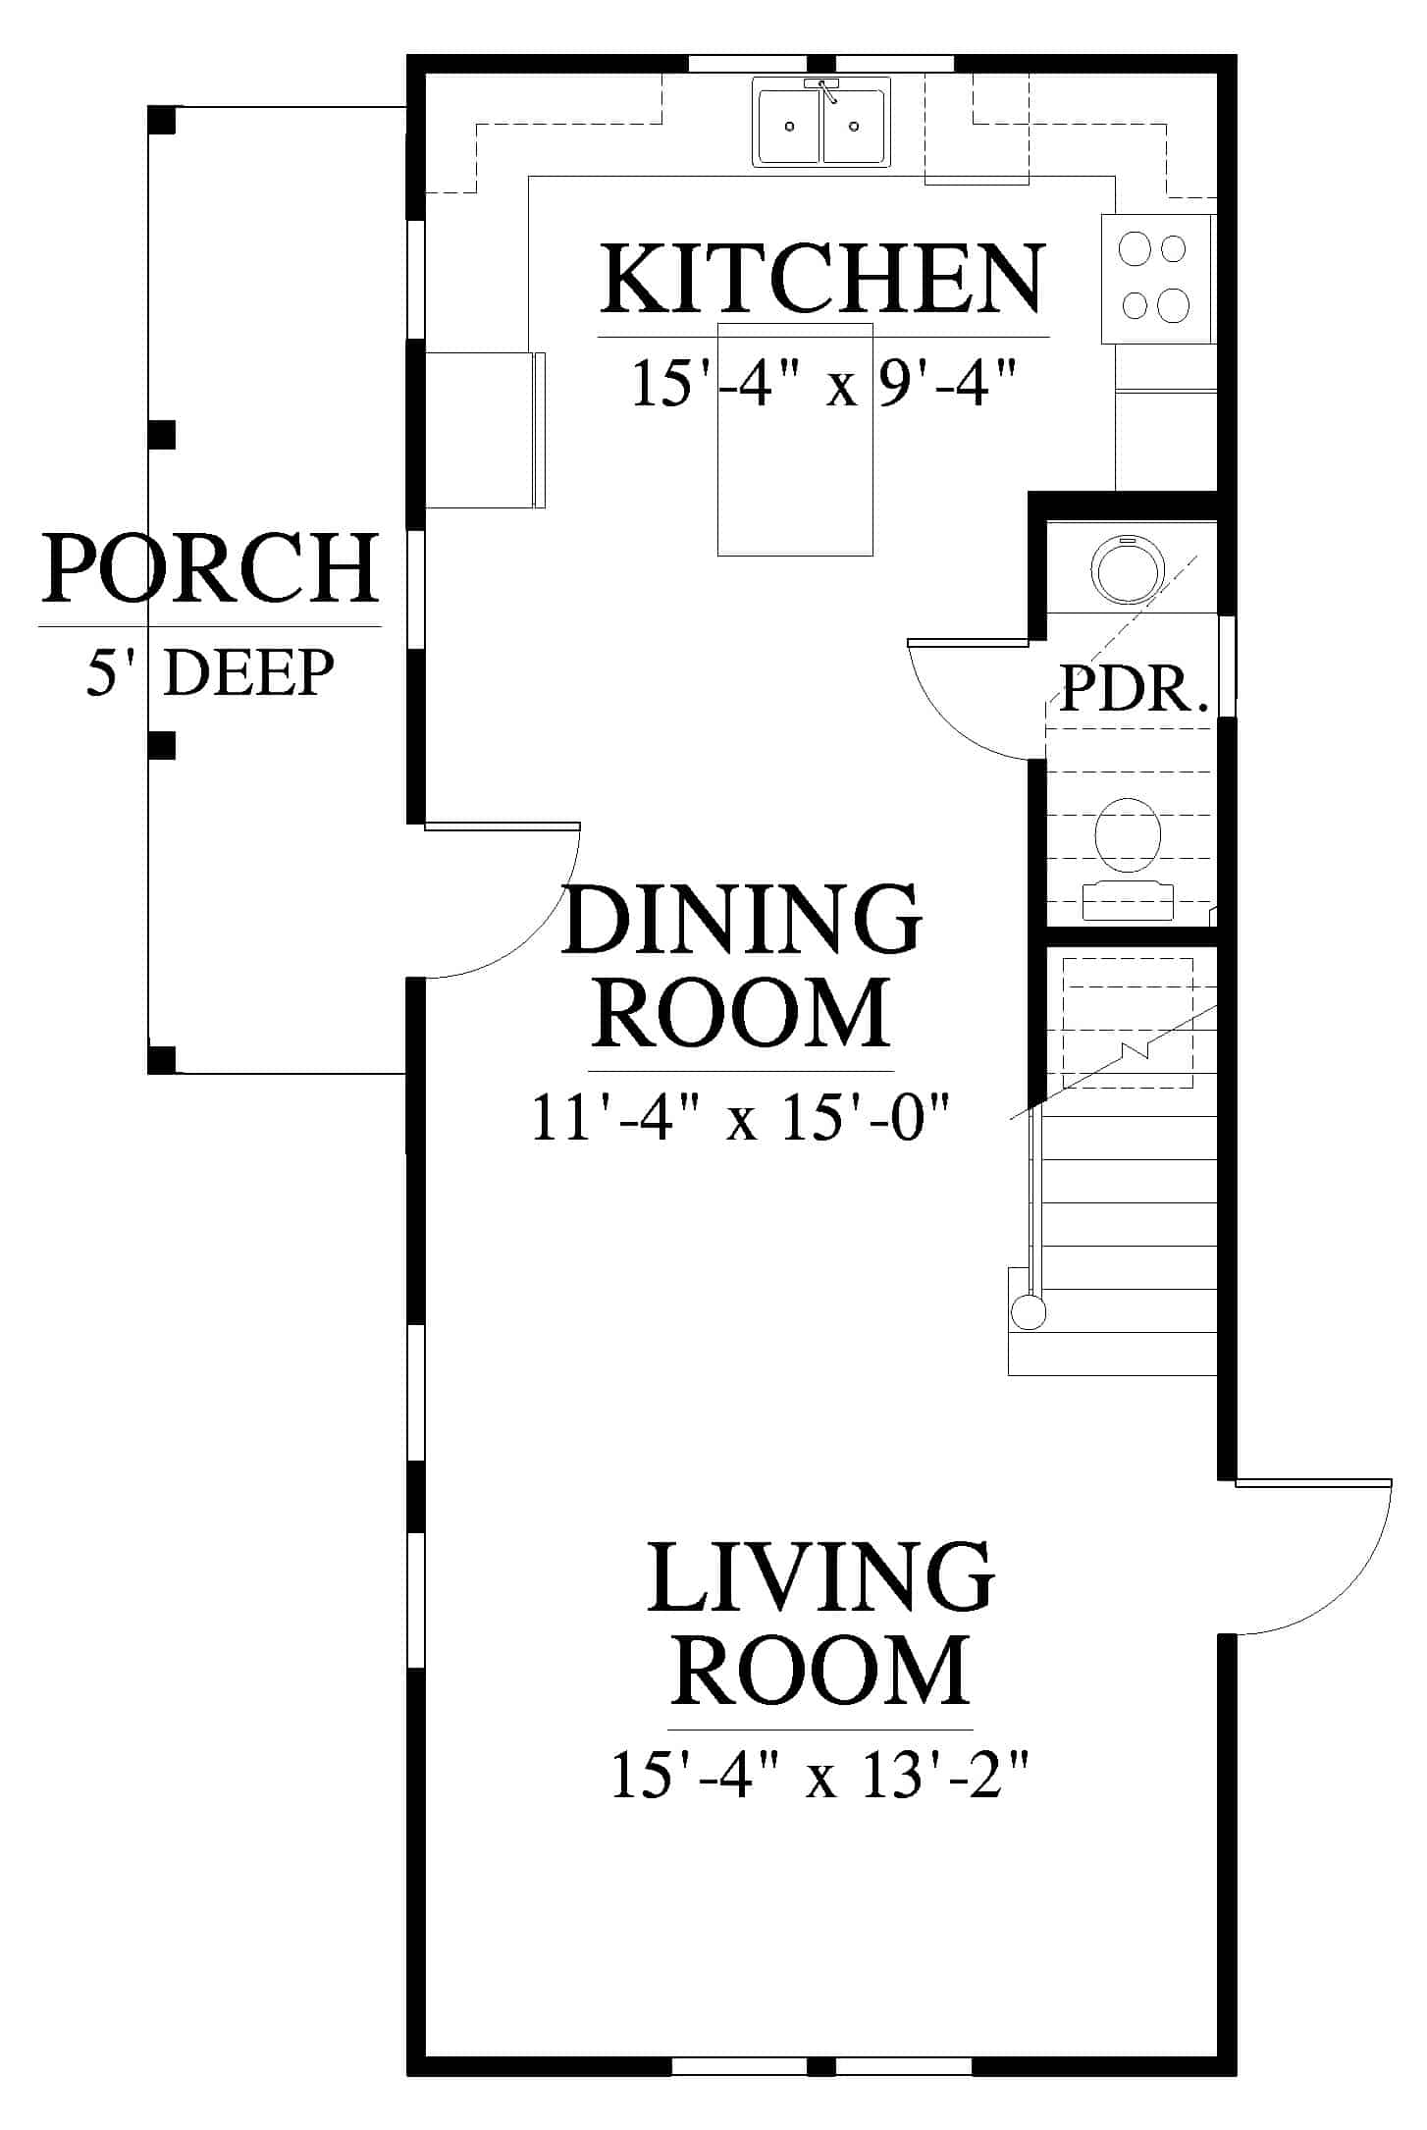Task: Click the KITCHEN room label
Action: pos(822,279)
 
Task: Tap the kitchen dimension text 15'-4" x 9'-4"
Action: pos(822,383)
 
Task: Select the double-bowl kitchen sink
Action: pos(822,122)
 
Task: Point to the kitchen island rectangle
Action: pos(795,439)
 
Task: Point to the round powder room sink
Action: pos(1129,571)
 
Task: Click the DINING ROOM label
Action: pos(742,964)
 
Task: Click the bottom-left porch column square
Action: pos(161,1060)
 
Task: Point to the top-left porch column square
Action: pos(161,119)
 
